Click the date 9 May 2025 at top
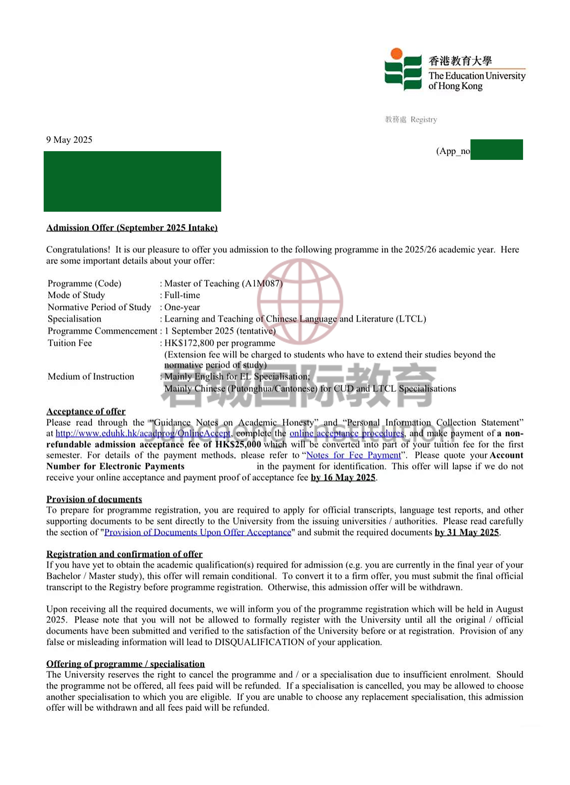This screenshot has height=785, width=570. [x=69, y=140]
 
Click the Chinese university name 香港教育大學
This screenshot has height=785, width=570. [x=460, y=61]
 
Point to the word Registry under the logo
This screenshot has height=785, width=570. [x=424, y=120]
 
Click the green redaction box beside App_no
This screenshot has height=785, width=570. [x=496, y=149]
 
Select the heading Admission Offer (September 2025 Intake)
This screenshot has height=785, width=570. [x=132, y=228]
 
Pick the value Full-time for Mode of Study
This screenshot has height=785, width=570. [x=182, y=295]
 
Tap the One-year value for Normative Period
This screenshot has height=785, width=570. [x=182, y=307]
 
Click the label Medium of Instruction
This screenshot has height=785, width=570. [x=91, y=377]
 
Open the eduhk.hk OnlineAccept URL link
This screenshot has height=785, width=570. [x=143, y=433]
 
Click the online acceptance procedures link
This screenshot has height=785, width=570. [x=346, y=433]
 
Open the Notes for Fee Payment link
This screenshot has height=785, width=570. [x=353, y=455]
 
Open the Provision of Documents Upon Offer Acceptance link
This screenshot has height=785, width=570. [x=198, y=532]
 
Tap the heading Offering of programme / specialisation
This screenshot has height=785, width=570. [x=125, y=664]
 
